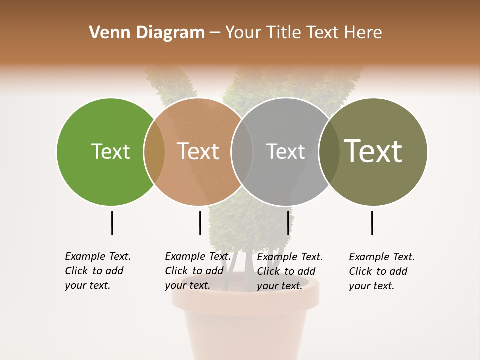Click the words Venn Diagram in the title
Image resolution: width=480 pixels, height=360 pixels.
[x=147, y=33]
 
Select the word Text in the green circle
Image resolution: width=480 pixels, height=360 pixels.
[x=110, y=151]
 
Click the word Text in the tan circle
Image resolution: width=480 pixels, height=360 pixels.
[x=198, y=151]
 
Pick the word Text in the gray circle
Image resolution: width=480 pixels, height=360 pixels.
[x=285, y=151]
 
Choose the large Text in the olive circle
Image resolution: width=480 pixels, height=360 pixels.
[x=373, y=151]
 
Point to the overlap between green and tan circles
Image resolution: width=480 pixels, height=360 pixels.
[x=154, y=151]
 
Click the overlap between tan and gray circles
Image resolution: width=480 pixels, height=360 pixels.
[x=242, y=151]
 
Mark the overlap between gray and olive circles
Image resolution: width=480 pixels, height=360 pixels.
[x=329, y=151]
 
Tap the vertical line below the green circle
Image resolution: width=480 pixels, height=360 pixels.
[x=112, y=223]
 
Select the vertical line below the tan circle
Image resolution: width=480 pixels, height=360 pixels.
[x=200, y=223]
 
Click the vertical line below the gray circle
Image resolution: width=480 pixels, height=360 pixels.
[x=288, y=223]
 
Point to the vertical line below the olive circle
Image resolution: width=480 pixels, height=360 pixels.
[x=372, y=223]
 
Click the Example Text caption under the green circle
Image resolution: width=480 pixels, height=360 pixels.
[x=97, y=271]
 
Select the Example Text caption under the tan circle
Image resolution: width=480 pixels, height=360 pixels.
[x=197, y=271]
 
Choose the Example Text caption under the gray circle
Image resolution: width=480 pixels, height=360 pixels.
[x=289, y=271]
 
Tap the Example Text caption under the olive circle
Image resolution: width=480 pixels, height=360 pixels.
[x=381, y=271]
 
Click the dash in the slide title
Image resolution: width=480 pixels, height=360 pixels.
[x=215, y=33]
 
